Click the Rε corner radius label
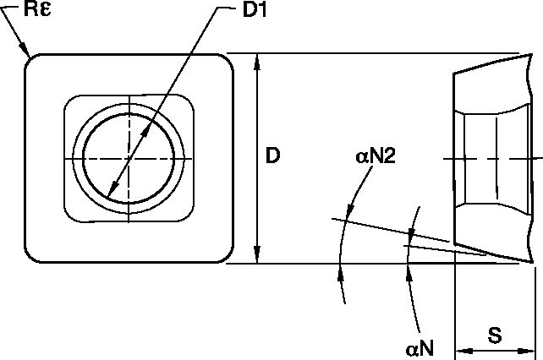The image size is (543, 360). click(37, 8)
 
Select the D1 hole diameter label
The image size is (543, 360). click(255, 9)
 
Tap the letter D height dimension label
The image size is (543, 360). click(272, 155)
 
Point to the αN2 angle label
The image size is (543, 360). click(376, 155)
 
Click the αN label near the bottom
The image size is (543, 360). click(420, 348)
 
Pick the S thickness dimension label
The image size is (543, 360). click(495, 335)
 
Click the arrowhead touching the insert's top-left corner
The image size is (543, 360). click(25, 49)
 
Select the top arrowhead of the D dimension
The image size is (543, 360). click(256, 61)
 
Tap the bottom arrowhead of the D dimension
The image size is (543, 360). click(256, 255)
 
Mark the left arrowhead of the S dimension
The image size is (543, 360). click(463, 351)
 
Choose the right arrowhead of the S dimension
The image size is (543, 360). click(527, 351)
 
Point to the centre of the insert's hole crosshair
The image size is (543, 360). click(129, 159)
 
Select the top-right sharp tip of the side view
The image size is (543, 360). click(531, 54)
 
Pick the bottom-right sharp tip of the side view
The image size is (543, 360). click(532, 262)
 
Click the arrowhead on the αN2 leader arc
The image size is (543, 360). click(350, 209)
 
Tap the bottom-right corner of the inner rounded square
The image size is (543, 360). click(188, 215)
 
